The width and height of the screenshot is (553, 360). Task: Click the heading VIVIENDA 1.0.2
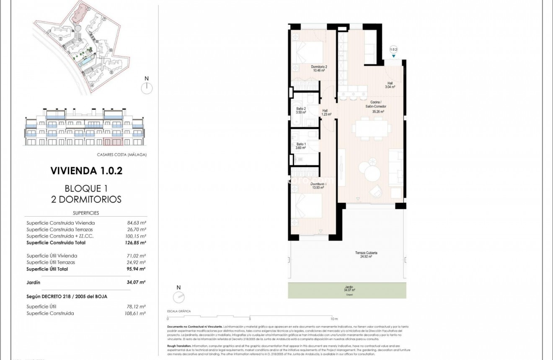point(86,171)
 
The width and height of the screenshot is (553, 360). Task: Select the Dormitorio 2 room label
point(319,69)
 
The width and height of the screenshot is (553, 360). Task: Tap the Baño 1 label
point(301,146)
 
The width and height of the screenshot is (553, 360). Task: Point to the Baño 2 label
point(301,111)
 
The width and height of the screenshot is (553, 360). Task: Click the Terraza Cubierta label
point(366,255)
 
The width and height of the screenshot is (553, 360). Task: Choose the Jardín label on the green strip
point(347,289)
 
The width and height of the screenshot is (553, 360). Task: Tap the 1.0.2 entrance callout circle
point(393,49)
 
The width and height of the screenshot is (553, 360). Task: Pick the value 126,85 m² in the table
point(136,243)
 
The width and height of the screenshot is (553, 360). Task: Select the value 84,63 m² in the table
point(136,223)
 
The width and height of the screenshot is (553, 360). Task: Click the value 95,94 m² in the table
point(136,269)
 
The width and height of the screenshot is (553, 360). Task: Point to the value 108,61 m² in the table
point(136,313)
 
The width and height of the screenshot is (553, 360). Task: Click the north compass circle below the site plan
point(147,88)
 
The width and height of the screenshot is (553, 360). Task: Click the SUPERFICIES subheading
point(86,213)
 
